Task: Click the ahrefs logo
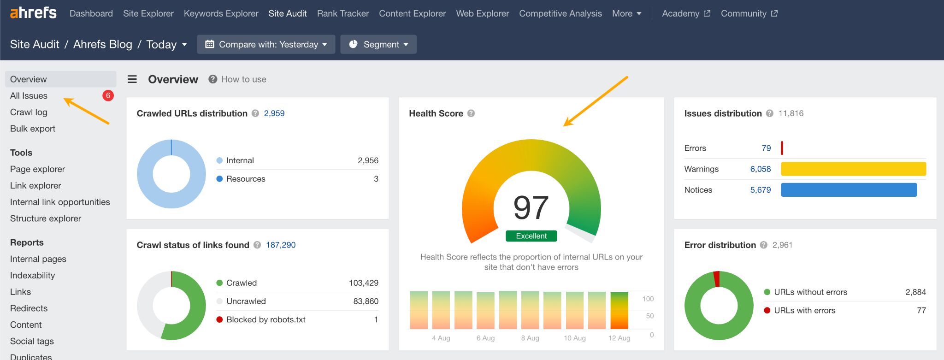[33, 13]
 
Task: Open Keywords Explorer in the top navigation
[221, 13]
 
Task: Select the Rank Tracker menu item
[343, 13]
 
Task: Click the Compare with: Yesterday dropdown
[266, 44]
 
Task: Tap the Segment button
[378, 44]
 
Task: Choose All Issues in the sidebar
[29, 95]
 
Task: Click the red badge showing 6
[108, 95]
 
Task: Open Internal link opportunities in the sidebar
[60, 202]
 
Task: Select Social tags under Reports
[32, 341]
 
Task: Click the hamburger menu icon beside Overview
[132, 79]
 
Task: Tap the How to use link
[243, 79]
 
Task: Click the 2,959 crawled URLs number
[274, 113]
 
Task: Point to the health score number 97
[531, 207]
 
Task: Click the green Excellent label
[531, 236]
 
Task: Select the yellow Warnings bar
[853, 169]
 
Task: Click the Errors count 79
[766, 148]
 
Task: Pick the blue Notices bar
[849, 190]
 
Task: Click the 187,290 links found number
[281, 245]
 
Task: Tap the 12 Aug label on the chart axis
[619, 338]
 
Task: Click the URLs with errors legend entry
[804, 310]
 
